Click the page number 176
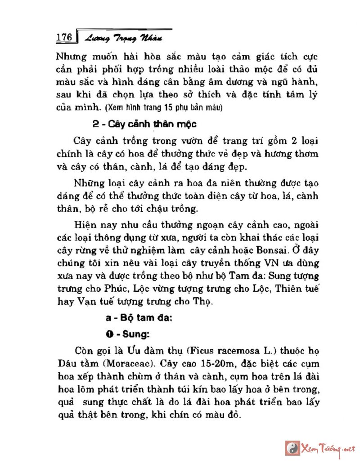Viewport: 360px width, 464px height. (x=64, y=38)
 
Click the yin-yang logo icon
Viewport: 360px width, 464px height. (x=292, y=447)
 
